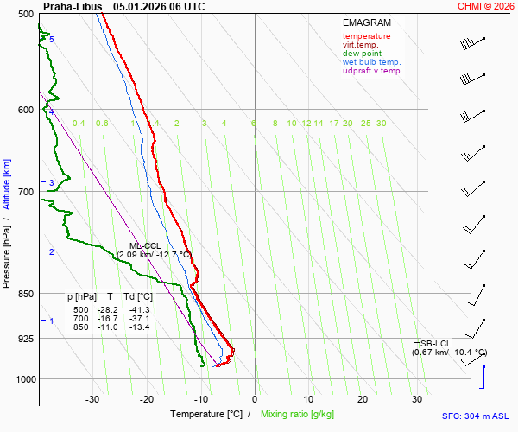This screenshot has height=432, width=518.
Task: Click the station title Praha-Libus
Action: pos(73,6)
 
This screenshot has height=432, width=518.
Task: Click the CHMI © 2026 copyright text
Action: pos(487,6)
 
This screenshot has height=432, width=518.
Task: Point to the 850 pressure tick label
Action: pos(24,294)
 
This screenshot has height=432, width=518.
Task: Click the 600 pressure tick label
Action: pos(24,110)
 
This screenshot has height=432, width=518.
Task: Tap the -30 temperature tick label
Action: pos(92,399)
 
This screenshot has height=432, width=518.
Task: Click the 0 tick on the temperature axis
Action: pos(255,399)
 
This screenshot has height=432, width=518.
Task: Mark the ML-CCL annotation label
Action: pos(145,245)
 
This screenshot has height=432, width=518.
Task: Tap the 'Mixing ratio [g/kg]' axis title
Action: pos(298,415)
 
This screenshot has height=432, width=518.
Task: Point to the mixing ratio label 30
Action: pos(381,124)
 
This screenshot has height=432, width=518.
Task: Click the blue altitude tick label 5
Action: pos(51,40)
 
